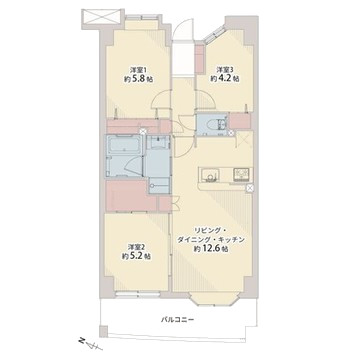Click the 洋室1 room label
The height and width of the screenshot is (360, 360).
point(139,70)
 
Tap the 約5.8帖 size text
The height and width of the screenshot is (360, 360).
point(139,80)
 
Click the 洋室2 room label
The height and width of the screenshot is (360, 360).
point(137,247)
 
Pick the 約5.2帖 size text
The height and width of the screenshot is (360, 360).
point(136,257)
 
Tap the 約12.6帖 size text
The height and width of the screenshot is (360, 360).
point(211,249)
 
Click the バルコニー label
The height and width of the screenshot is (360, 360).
point(177,320)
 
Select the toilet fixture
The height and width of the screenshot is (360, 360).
point(211,124)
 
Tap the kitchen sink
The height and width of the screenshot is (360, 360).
point(210,174)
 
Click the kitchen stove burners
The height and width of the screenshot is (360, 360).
point(241,174)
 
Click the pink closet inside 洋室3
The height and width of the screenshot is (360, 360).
point(199,59)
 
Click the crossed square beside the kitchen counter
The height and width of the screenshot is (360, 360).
point(249,188)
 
